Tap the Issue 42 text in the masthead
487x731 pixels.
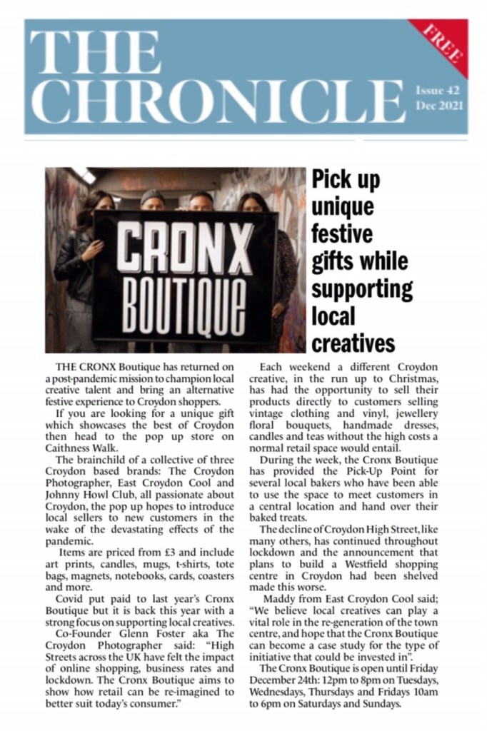click(x=438, y=91)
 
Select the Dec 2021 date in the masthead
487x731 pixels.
click(x=440, y=106)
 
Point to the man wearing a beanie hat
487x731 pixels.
click(x=152, y=200)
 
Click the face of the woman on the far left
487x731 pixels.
click(x=101, y=203)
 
